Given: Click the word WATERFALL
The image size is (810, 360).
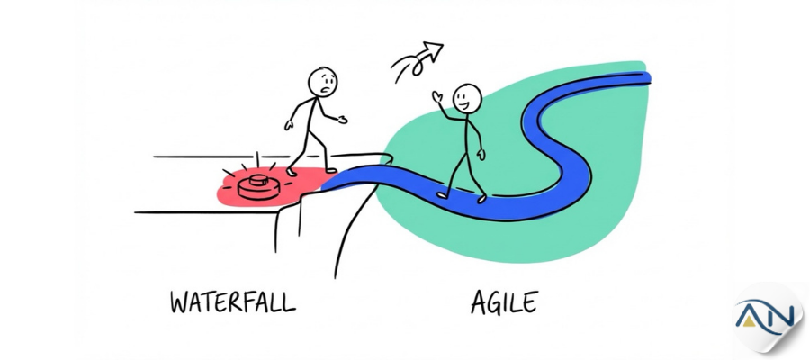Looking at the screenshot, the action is coord(233,301).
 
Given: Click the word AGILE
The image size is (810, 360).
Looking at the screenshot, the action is coord(504,302).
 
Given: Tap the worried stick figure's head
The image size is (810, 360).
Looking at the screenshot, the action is coord(323,82).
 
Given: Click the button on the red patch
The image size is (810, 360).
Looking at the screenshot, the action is coord(259,187).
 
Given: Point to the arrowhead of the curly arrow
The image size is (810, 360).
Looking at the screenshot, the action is coord(433,50).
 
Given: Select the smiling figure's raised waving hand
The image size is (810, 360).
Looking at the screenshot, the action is coord(437,97).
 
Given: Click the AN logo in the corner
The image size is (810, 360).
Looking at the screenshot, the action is coord(765,317).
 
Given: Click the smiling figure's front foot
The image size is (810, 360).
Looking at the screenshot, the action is coord(481,199).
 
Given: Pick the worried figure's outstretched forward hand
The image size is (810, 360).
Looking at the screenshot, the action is coord(342,120).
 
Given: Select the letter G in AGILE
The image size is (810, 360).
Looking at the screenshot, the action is coord(496,303).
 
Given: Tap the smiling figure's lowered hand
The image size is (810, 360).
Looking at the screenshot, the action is coord(481,155).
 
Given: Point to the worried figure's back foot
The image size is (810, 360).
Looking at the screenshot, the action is coord(292,172).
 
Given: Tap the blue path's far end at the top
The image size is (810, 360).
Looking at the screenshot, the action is coord(647,78).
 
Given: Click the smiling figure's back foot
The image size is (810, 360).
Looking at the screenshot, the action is coord(441,195).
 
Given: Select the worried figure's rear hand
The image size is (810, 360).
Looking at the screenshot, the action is coord(289,125).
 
